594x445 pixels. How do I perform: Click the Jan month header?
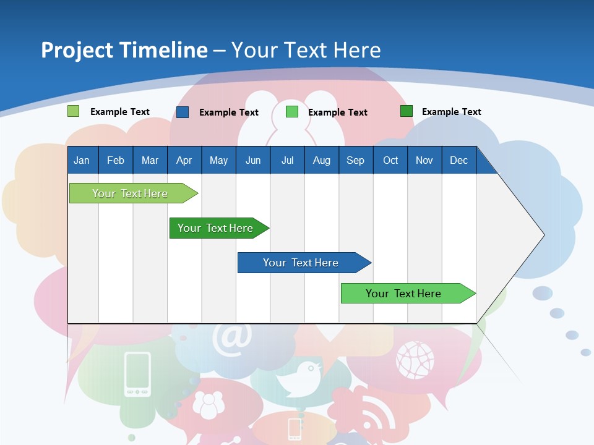click(82, 161)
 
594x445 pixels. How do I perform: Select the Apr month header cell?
click(184, 161)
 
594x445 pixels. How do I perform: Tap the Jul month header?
click(287, 161)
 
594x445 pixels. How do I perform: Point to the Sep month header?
click(355, 161)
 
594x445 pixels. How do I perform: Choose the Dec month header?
click(458, 161)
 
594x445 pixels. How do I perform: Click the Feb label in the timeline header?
click(116, 161)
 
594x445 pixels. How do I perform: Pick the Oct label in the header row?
click(390, 161)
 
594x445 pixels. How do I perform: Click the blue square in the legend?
click(183, 112)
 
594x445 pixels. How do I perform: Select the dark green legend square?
click(407, 111)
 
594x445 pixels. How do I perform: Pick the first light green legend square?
click(73, 111)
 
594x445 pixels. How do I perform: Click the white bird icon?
click(301, 378)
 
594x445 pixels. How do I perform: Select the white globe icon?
click(415, 360)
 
